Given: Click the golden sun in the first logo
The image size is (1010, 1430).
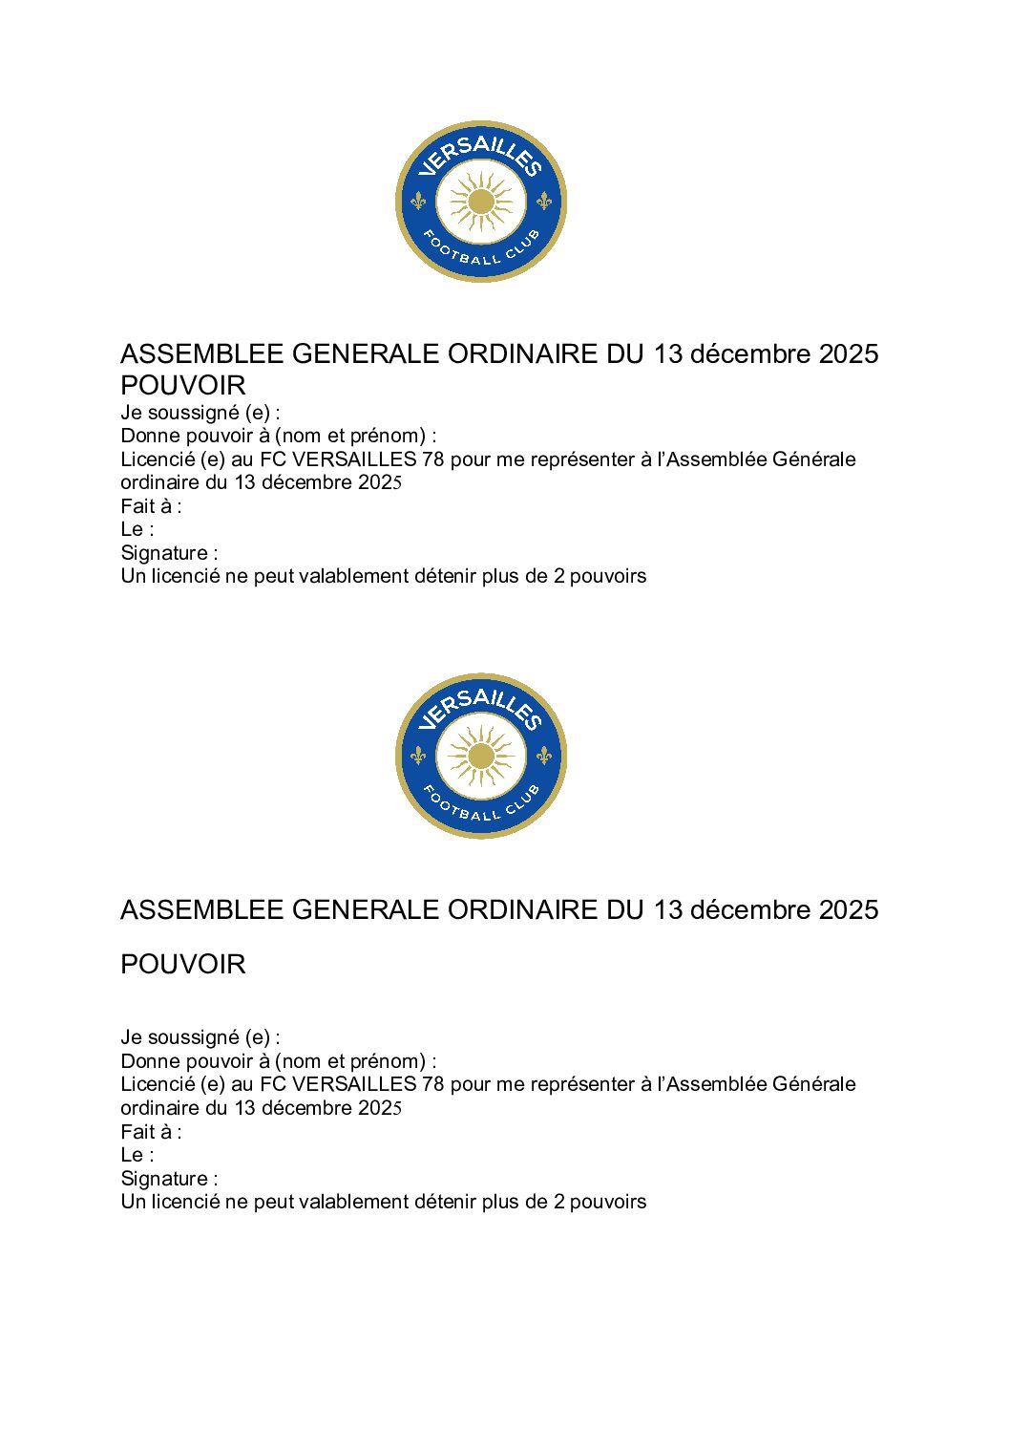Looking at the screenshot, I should [x=481, y=202].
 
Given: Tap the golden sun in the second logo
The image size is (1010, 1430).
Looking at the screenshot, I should [x=481, y=757].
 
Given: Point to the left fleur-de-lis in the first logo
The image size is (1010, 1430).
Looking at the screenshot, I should [x=418, y=202].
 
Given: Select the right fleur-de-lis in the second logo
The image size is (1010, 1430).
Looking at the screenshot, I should [x=544, y=756].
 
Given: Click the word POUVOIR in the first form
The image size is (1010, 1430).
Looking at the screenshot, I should [x=183, y=386].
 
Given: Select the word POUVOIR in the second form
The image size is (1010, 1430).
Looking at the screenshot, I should [x=183, y=965].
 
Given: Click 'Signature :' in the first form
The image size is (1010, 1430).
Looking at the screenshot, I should [x=169, y=553].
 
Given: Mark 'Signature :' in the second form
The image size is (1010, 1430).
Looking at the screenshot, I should [x=169, y=1179].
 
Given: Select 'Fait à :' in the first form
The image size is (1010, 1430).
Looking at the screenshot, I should [x=151, y=506].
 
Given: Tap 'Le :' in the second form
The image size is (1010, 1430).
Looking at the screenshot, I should [x=137, y=1155].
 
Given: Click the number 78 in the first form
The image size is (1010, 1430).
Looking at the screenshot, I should [x=432, y=459].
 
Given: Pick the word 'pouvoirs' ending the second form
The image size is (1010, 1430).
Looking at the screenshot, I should [x=608, y=1202].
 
